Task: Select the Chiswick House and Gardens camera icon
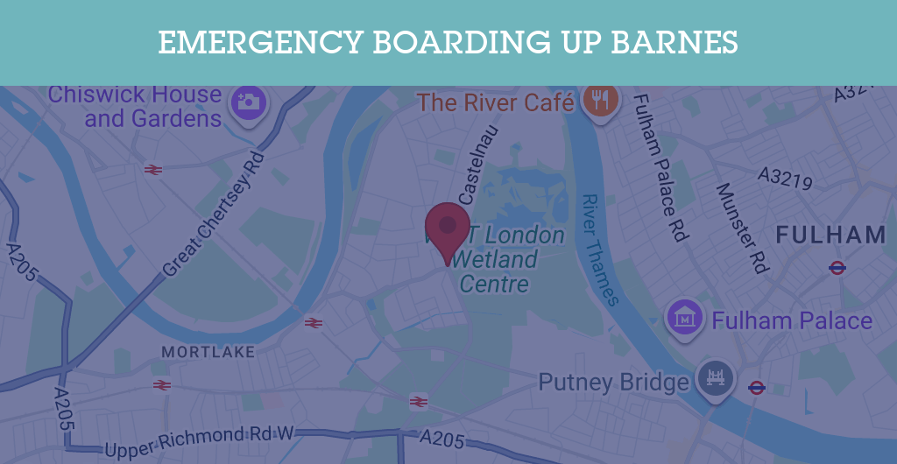(249, 102)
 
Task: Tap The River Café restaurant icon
(600, 100)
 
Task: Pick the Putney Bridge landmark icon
(716, 378)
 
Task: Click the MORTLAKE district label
(208, 352)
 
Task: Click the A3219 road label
(786, 179)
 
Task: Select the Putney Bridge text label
(613, 383)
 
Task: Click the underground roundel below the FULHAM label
(837, 268)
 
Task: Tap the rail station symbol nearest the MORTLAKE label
(314, 323)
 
